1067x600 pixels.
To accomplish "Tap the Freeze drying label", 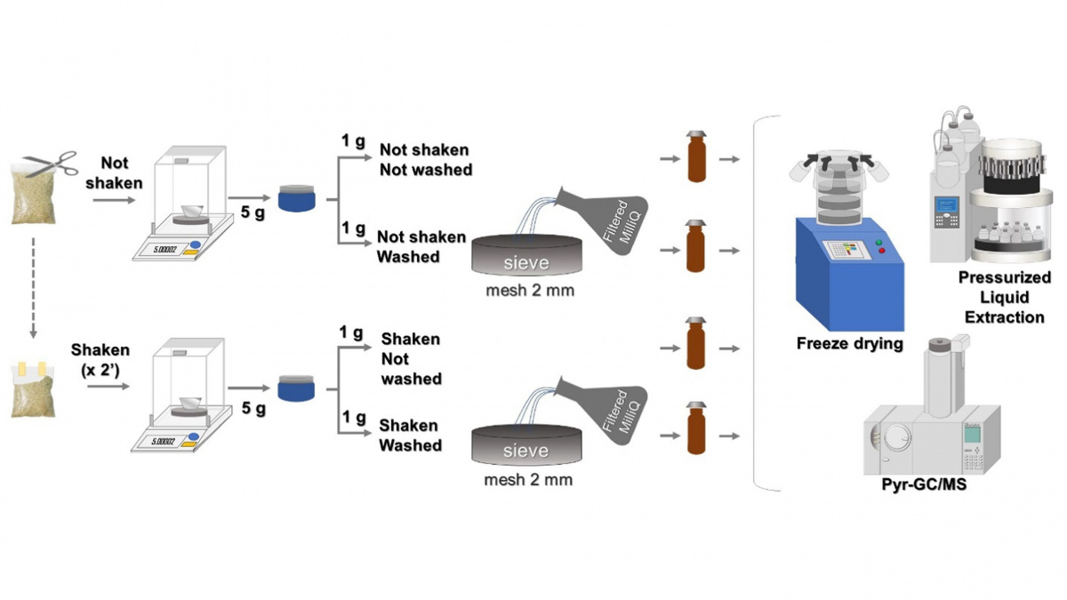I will pos(849,343).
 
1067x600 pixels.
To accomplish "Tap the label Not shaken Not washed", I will pos(424,160).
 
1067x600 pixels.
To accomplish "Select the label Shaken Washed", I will pos(410,436).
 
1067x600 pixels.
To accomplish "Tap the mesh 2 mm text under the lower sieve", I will pos(527,480).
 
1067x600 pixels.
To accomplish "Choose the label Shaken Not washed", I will pos(410,359).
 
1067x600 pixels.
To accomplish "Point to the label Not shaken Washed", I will pos(421,247).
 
